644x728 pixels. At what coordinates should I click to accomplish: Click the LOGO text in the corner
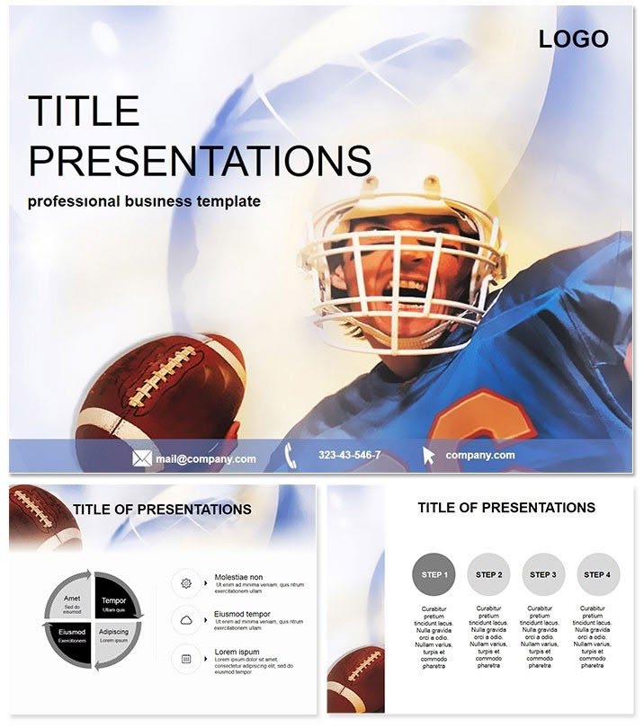573,39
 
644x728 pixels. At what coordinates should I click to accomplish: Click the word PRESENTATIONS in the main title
200,160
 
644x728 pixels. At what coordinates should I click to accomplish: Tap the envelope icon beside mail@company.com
141,458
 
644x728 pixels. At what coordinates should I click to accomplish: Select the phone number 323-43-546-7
349,456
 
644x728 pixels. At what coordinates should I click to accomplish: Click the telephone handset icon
291,455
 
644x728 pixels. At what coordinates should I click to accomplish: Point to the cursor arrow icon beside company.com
428,456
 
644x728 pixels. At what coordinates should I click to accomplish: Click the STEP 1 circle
434,575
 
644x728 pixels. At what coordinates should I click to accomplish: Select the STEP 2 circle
488,575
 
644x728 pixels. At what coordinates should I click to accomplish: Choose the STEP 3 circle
542,575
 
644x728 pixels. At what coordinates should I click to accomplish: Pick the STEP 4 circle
596,575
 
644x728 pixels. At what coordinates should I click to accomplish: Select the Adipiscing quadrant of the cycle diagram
115,636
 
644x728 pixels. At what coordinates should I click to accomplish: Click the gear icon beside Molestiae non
186,583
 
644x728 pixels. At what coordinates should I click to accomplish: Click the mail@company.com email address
205,459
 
